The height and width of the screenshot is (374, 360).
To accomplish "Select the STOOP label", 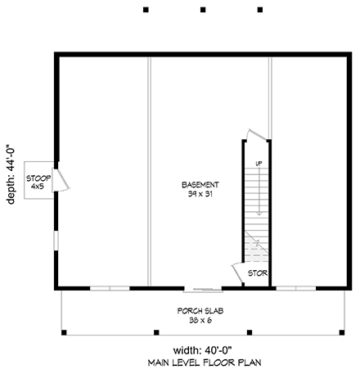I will click(x=36, y=178).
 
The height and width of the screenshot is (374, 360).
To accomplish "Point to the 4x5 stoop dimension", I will click(x=36, y=187).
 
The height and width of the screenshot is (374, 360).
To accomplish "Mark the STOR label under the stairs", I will click(x=258, y=273).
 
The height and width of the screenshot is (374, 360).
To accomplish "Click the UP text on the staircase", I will click(x=258, y=164).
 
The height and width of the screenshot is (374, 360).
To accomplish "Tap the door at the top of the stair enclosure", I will click(x=256, y=133).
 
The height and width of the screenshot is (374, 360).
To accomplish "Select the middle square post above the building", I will click(x=202, y=10).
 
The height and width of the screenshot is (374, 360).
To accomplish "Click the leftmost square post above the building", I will click(x=146, y=10).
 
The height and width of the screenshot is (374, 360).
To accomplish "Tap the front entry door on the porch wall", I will click(x=202, y=288).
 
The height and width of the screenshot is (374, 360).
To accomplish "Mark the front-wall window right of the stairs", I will click(x=296, y=287).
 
